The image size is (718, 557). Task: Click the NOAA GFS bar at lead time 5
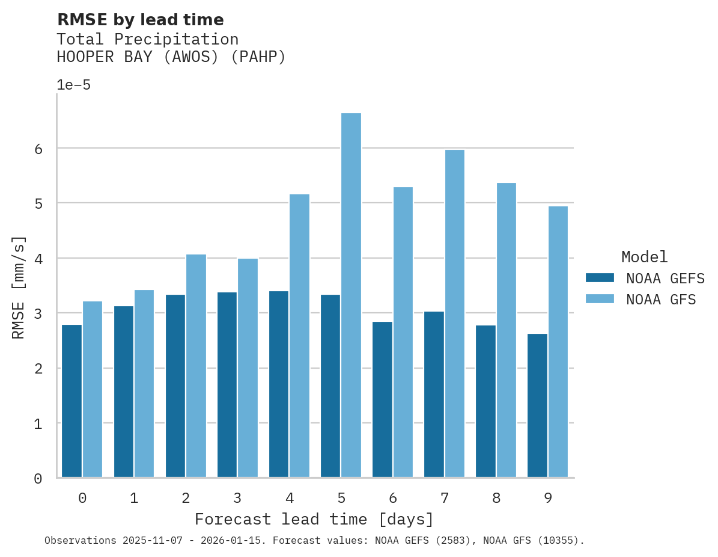(x=351, y=295)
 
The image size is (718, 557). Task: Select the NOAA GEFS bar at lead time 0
(x=71, y=401)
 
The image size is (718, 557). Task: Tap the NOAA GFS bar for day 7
(x=454, y=313)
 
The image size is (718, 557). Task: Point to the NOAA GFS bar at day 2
(x=196, y=366)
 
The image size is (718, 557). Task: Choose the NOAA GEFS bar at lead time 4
(x=279, y=384)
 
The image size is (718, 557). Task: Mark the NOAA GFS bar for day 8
(x=506, y=330)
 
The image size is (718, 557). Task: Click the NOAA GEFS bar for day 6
(x=382, y=399)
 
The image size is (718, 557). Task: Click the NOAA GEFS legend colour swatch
(x=600, y=278)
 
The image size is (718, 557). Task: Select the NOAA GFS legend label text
(x=660, y=300)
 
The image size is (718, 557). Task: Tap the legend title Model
(x=644, y=257)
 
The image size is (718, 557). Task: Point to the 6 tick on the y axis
(x=38, y=149)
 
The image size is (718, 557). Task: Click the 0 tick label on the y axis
(x=38, y=479)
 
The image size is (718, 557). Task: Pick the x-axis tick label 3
(x=237, y=498)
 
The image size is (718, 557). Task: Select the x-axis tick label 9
(x=548, y=498)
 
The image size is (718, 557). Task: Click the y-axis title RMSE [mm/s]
(x=19, y=287)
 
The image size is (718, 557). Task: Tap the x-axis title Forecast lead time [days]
(x=314, y=519)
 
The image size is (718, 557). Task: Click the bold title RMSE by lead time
(x=140, y=20)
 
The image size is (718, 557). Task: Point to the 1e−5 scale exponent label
(x=73, y=85)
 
